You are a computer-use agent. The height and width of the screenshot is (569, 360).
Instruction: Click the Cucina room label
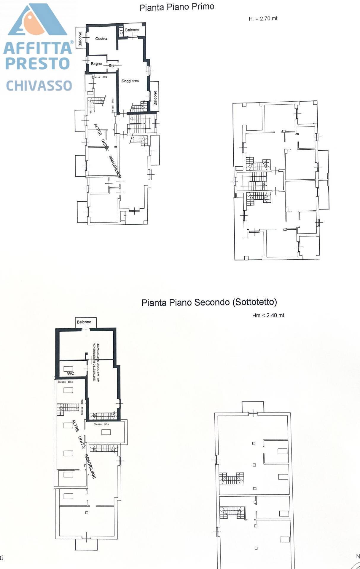click(101, 39)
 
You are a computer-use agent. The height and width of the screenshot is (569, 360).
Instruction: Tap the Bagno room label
click(96, 64)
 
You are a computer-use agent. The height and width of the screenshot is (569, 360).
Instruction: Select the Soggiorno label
click(130, 81)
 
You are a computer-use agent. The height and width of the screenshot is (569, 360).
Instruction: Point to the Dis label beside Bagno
click(111, 65)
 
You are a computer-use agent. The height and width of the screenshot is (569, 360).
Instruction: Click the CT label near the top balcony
click(121, 31)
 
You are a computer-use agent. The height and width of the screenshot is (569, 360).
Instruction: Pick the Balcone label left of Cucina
click(80, 39)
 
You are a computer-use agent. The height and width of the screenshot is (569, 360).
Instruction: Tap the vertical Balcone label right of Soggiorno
click(155, 98)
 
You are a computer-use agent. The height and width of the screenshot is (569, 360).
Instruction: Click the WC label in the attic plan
click(70, 373)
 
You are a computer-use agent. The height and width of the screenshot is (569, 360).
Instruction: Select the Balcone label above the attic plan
click(84, 322)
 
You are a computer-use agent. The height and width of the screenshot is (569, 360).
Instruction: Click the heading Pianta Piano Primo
click(177, 7)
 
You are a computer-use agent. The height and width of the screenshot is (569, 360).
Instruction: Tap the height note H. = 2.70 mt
click(263, 19)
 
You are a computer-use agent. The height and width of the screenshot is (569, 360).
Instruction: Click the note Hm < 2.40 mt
click(268, 315)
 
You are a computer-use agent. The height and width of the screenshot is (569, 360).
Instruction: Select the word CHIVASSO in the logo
click(39, 86)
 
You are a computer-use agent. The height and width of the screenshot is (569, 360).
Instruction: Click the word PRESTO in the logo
click(37, 63)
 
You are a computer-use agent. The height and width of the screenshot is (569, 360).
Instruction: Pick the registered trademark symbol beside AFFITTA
click(71, 42)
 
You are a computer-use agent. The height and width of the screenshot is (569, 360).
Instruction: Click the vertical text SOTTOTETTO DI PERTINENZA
click(95, 362)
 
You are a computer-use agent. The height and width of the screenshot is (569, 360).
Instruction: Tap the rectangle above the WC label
click(68, 369)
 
